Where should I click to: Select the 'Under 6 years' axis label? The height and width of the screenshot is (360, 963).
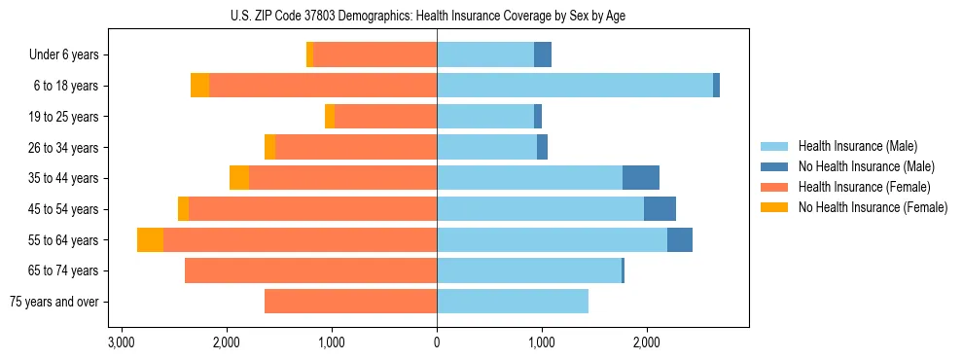click(x=63, y=55)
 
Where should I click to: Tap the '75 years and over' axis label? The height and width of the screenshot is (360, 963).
click(x=54, y=302)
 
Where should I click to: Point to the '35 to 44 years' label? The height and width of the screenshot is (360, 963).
click(x=64, y=178)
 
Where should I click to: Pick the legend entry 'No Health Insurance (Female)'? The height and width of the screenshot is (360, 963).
click(x=872, y=207)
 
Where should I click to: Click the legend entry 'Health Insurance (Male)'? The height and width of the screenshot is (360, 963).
click(x=857, y=146)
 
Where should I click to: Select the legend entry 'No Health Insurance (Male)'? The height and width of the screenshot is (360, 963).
click(x=866, y=166)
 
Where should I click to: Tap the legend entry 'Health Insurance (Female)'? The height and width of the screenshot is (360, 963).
click(x=864, y=187)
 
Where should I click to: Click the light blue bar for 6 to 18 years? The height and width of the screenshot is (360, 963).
click(x=574, y=86)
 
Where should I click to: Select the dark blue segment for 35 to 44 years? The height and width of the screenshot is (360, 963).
click(x=641, y=178)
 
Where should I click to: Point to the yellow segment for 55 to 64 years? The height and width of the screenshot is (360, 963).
click(x=150, y=240)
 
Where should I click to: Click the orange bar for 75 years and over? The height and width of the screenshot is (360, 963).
click(x=350, y=302)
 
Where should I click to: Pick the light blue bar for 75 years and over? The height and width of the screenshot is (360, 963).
click(x=513, y=302)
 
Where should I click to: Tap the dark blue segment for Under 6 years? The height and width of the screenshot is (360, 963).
click(x=543, y=55)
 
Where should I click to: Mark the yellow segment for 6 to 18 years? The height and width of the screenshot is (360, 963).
click(x=199, y=86)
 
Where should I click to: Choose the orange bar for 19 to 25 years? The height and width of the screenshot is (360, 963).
click(x=385, y=117)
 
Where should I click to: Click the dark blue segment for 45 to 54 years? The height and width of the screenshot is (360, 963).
click(x=660, y=209)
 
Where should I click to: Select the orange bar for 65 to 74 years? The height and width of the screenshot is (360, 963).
click(x=310, y=270)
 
